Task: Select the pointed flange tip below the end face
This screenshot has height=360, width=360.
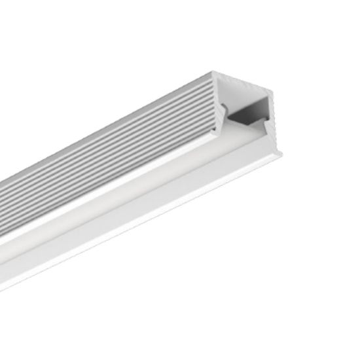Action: coord(282,154)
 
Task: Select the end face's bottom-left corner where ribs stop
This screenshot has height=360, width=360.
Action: coord(215,129)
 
